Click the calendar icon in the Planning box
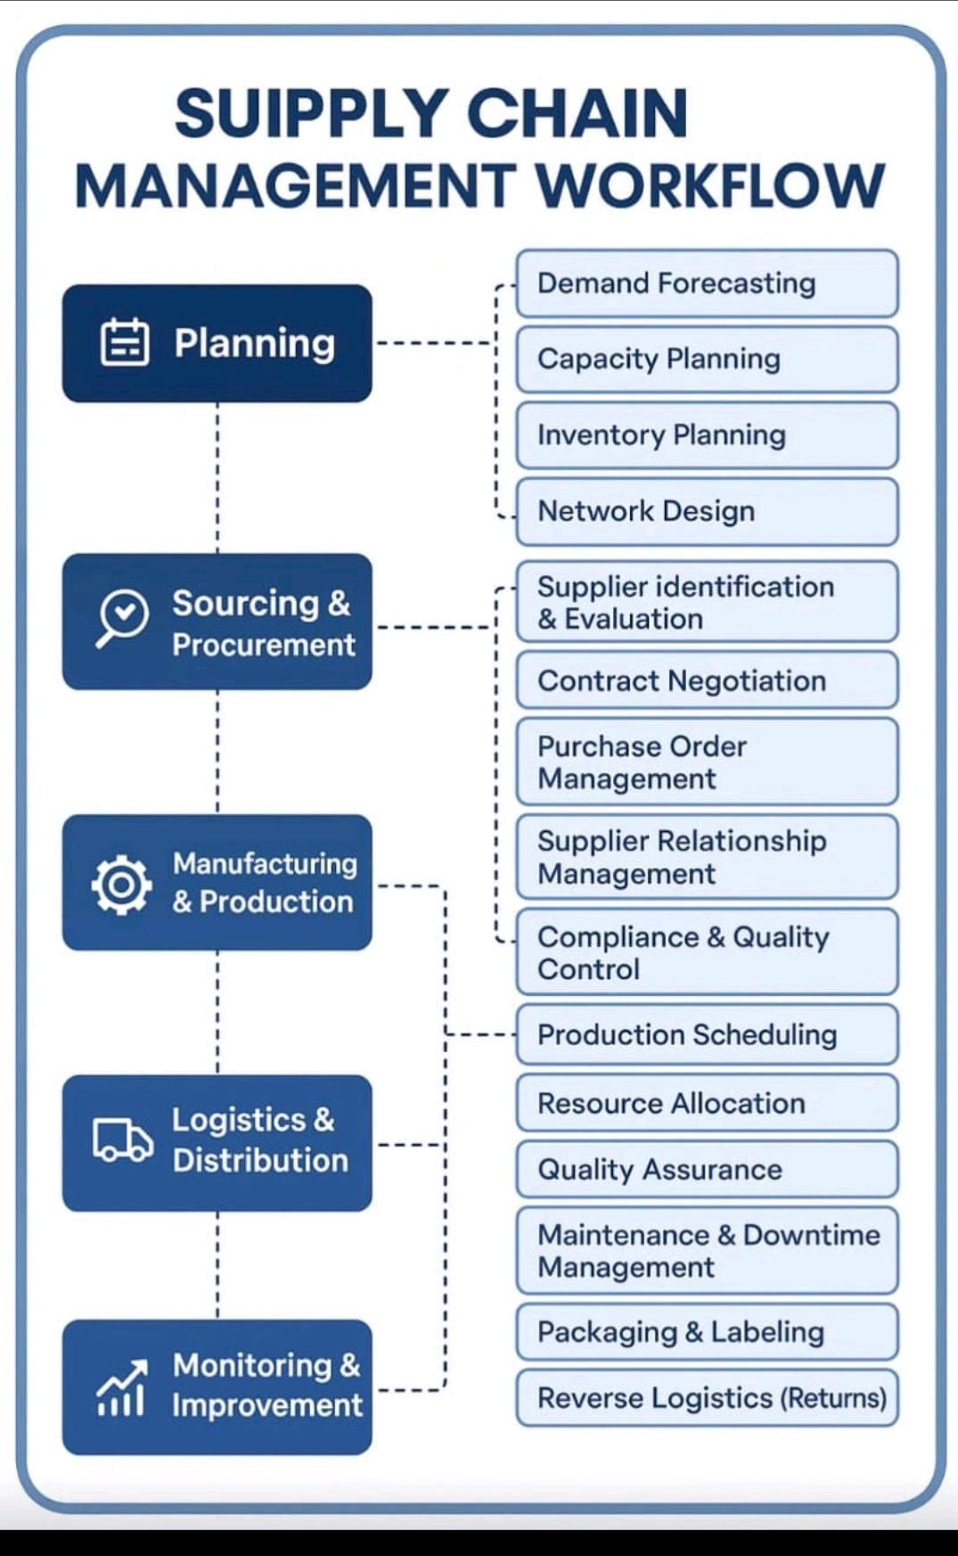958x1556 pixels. (125, 342)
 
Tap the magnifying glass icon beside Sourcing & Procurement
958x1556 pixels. (122, 616)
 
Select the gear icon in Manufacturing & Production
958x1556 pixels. (121, 884)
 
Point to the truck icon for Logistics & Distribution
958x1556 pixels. (122, 1140)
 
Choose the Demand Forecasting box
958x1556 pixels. (707, 284)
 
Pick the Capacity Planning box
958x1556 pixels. (707, 359)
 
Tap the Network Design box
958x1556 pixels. (707, 511)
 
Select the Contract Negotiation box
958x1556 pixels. (707, 680)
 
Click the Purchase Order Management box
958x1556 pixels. (707, 762)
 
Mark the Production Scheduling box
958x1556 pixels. (707, 1034)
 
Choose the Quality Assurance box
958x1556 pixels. (707, 1169)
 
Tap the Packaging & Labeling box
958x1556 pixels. (707, 1332)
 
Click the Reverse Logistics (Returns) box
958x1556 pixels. (707, 1398)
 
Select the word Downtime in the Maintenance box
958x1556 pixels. (811, 1235)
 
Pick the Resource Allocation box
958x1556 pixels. (707, 1103)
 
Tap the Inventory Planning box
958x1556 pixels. (707, 435)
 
